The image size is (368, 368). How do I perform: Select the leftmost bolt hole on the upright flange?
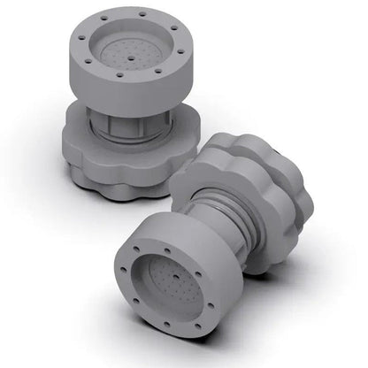(x=77, y=38)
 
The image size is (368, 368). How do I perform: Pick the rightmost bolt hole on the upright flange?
(x=183, y=51)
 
